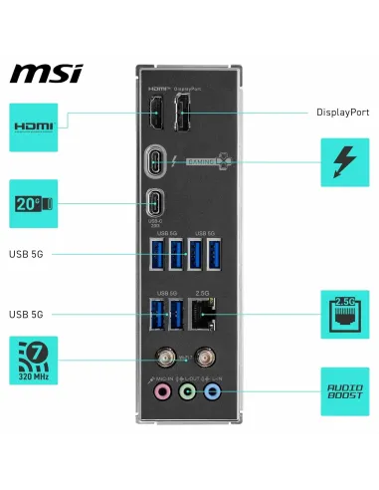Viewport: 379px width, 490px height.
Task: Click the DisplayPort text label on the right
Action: click(x=343, y=113)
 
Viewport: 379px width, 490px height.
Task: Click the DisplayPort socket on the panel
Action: click(x=184, y=117)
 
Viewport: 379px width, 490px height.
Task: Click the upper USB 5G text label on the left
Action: click(x=28, y=253)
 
